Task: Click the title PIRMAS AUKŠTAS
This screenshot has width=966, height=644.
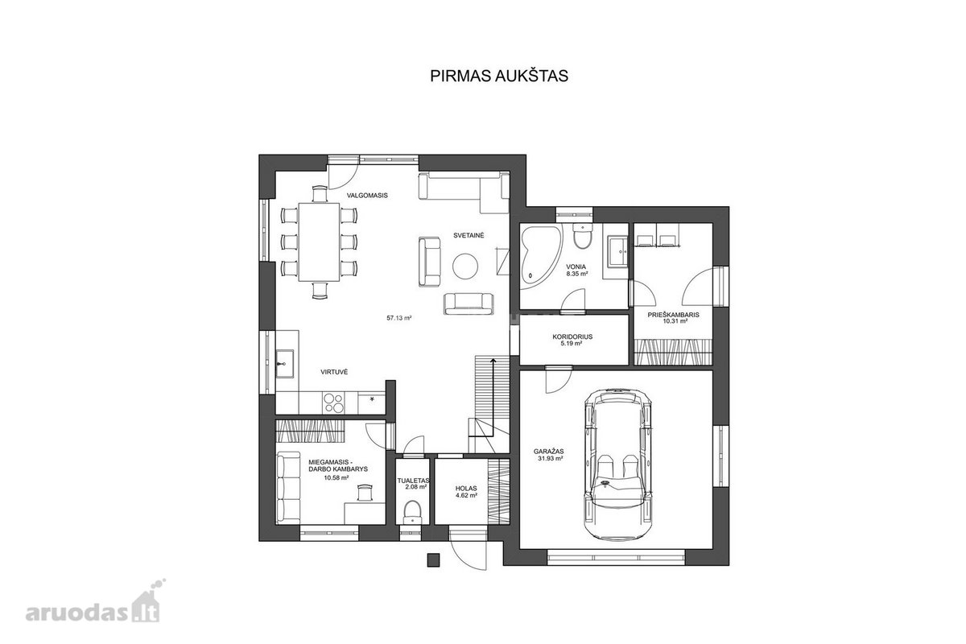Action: (499, 76)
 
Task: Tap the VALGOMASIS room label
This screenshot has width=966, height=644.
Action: (367, 196)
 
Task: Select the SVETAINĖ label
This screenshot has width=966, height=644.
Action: (469, 236)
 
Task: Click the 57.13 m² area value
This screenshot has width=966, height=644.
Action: (399, 318)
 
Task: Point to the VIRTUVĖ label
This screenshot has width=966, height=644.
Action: (334, 372)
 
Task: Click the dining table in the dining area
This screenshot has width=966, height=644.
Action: (320, 242)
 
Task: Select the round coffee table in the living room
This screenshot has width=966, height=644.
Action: (465, 266)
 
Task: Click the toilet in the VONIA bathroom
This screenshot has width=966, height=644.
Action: (582, 237)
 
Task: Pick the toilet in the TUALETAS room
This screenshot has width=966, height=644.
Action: (412, 512)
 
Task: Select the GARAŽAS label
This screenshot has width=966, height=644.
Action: (548, 452)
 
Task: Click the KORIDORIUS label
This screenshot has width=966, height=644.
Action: (572, 336)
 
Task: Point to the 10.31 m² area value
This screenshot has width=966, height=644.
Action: (675, 321)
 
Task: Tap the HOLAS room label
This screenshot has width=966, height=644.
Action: (466, 489)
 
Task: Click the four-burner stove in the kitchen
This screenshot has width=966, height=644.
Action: (334, 402)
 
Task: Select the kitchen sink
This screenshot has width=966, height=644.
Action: (285, 364)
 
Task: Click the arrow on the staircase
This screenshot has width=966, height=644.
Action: (493, 398)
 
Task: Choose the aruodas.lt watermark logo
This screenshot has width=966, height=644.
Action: (95, 601)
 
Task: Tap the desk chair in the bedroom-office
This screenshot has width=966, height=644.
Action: (365, 492)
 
